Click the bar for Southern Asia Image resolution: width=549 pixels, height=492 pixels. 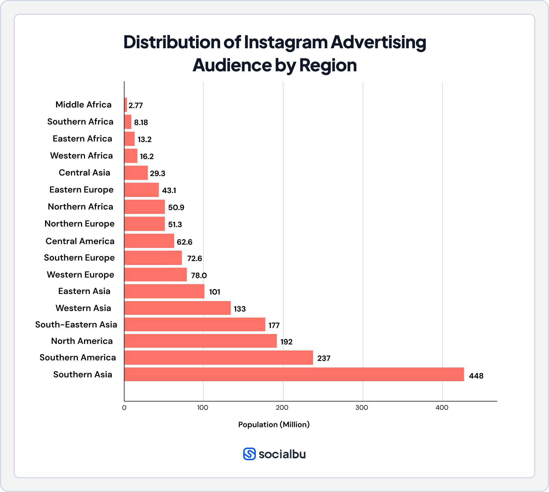tap(294, 374)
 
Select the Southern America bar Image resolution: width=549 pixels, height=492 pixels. tap(219, 358)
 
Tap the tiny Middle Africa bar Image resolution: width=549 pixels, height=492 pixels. tap(126, 105)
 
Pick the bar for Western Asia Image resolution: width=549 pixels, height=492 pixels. tap(177, 308)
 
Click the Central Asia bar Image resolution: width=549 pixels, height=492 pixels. tap(136, 173)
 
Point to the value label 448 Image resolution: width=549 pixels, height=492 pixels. tap(476, 376)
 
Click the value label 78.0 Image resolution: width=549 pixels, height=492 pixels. tap(199, 275)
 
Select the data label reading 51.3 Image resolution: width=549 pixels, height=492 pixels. tap(175, 225)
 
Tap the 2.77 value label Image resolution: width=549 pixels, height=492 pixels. tap(136, 106)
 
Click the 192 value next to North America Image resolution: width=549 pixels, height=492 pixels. tap(286, 342)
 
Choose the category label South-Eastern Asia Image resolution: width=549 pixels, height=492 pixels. tap(76, 325)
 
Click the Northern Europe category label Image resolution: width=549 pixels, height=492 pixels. tap(79, 224)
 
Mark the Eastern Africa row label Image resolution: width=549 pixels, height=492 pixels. tap(82, 139)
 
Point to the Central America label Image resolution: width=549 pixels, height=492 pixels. tap(80, 241)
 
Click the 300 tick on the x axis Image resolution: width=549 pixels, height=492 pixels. tap(362, 408)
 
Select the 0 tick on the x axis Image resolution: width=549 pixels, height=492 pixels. tap(124, 408)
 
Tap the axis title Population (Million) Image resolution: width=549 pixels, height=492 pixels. tap(274, 425)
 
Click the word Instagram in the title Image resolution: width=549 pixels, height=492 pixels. tap(285, 43)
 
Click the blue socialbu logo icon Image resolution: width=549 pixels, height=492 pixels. tap(249, 454)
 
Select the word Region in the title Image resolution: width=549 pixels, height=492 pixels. tap(328, 65)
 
